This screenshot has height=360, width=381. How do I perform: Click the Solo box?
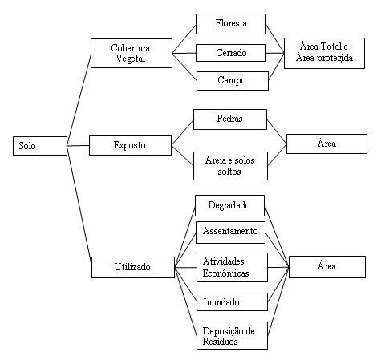(x=40, y=146)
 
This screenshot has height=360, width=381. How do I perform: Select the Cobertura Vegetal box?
(x=132, y=53)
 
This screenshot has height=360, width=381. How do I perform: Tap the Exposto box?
(x=130, y=145)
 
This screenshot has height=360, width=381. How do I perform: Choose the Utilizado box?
(x=133, y=267)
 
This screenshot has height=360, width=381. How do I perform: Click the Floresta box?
(x=231, y=24)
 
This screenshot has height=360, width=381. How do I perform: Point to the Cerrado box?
(x=231, y=53)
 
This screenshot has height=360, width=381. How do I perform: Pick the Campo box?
(x=233, y=81)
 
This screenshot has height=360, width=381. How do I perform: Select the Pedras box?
(x=230, y=119)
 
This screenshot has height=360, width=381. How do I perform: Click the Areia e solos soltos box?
(x=230, y=166)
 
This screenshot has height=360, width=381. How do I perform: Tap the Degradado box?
(x=229, y=205)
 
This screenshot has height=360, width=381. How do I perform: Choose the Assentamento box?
(x=230, y=233)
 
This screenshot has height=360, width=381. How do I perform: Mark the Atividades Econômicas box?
(x=232, y=267)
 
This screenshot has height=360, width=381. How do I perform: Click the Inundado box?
(x=232, y=302)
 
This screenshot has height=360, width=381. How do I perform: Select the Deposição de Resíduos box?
(x=232, y=335)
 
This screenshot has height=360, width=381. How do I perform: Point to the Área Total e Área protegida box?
(x=324, y=53)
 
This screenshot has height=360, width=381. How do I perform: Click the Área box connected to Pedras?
(x=326, y=144)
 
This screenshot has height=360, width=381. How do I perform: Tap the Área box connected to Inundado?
(x=327, y=267)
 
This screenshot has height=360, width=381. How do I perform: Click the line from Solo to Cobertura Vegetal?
(x=79, y=99)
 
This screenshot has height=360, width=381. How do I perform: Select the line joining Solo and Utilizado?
(x=79, y=206)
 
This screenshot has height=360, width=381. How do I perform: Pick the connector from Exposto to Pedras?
(x=182, y=132)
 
